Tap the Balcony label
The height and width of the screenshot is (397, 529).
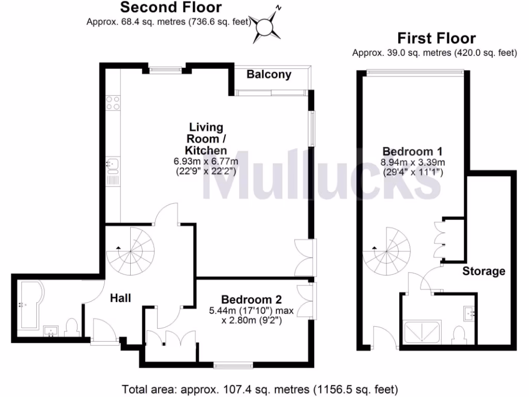pos(269,74)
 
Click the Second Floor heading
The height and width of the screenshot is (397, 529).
pos(171,8)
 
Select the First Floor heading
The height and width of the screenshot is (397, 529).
pos(436,38)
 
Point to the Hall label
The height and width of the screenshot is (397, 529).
pos(120,298)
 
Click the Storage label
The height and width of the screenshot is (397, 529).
pos(484,271)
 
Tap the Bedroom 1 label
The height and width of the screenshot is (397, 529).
pos(413,151)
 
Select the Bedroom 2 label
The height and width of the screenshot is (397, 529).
pos(251,300)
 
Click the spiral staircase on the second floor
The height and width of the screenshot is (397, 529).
pos(131,253)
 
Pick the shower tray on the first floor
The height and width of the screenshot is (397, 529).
pos(422,332)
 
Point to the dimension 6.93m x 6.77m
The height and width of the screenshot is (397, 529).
pos(205,162)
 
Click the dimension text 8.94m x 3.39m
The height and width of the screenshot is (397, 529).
pos(413,163)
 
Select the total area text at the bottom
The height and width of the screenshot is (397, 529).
pos(260,389)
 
